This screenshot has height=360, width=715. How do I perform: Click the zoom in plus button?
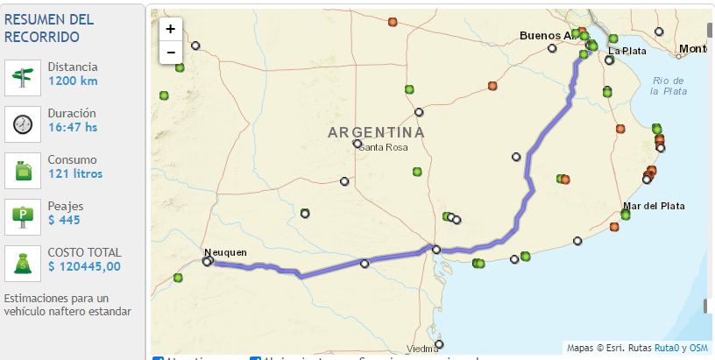(170, 29)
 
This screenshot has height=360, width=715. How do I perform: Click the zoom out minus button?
(170, 52)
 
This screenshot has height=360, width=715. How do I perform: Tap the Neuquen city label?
(225, 252)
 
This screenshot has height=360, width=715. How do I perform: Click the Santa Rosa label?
(384, 147)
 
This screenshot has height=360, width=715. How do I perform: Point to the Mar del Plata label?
(654, 207)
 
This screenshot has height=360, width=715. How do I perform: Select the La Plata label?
(627, 51)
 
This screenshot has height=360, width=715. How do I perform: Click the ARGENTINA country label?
(376, 132)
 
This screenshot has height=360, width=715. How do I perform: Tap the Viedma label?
(421, 348)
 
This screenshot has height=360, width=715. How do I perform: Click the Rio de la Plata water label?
(669, 86)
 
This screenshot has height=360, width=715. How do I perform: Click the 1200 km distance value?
(73, 81)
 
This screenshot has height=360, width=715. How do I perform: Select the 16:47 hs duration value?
(73, 128)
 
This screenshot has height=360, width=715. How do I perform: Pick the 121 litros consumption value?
(75, 174)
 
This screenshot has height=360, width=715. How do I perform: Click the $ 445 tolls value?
(64, 221)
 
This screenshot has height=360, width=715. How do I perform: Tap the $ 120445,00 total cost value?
(84, 267)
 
